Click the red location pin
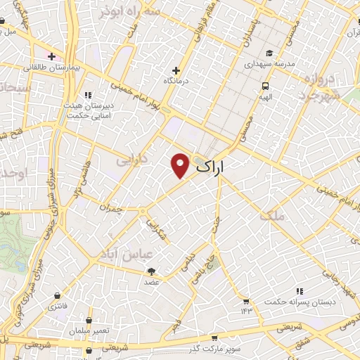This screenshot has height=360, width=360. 180,165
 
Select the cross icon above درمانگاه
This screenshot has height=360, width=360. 176,70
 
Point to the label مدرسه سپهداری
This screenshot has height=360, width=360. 271,63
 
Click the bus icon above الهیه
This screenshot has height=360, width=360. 265,86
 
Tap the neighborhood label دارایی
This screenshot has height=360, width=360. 132,160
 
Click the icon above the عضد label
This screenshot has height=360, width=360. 152,271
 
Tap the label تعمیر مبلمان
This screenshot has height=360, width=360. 89,330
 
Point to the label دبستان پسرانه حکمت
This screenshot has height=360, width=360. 297,302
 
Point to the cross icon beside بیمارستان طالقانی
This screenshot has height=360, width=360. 51,56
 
